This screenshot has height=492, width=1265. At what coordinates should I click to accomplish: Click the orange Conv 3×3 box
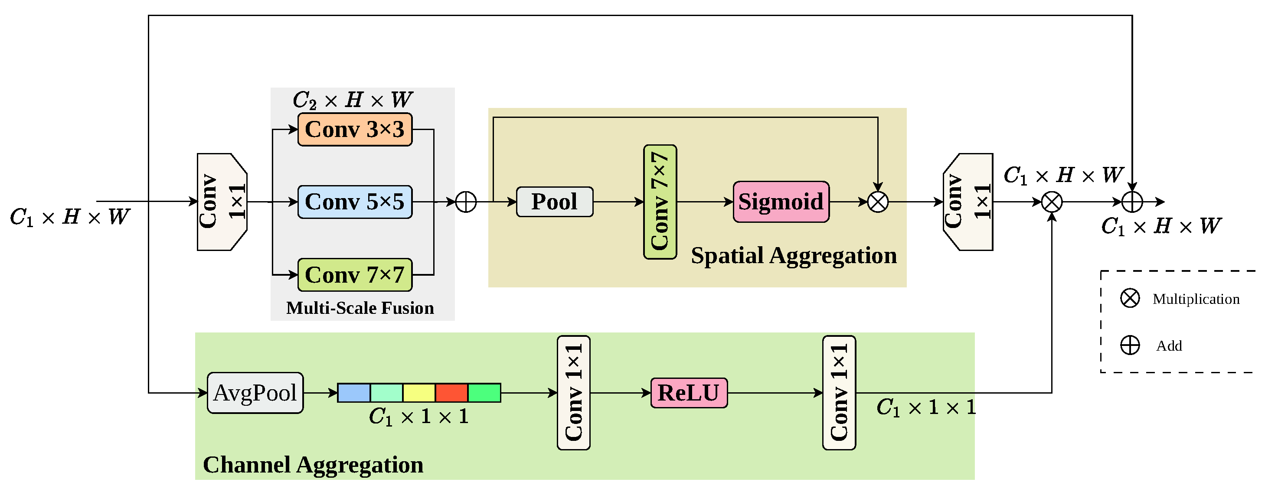pos(355,130)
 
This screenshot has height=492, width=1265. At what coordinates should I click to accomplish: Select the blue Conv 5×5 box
pos(355,202)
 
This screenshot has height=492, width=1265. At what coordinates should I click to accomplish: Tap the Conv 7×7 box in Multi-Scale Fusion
pos(355,275)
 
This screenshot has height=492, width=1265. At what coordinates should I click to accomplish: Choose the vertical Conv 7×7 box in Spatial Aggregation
pos(660,202)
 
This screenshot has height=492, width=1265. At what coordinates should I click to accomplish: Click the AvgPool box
pos(255,393)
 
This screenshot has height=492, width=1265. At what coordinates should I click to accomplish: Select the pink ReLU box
pos(690,393)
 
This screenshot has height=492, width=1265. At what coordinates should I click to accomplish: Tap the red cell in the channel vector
pos(452,393)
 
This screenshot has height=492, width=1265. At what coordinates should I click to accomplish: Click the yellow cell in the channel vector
pos(419,393)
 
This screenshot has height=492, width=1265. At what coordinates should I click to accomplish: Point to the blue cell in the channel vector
pos(354,393)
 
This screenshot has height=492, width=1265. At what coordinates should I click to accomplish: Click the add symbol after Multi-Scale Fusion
pos(466,202)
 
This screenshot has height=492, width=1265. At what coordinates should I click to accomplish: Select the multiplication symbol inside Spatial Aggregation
pos(878,202)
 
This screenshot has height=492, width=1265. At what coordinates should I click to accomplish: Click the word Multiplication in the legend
pos(1196,299)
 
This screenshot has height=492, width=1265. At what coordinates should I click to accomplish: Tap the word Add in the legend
pos(1169,345)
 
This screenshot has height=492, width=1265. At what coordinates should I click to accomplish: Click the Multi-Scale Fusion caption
pos(360,308)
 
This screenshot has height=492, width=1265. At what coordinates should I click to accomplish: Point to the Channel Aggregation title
pos(313,465)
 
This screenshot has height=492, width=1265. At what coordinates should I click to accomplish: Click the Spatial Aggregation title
pos(794,255)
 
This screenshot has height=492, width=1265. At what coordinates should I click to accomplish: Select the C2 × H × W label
pos(353,100)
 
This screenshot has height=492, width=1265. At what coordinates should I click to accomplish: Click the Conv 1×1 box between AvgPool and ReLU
pos(574,393)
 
